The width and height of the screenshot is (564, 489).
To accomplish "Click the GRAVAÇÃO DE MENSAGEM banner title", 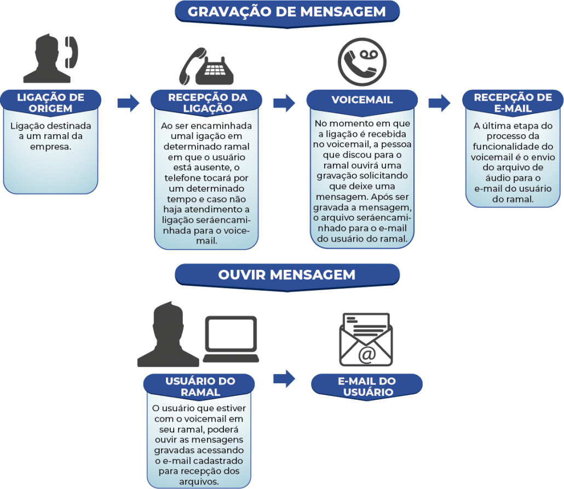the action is click(287, 11).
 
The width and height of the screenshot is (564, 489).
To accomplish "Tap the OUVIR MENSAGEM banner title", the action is click(287, 275).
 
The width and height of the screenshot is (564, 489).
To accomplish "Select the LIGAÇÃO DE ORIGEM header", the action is click(51, 102).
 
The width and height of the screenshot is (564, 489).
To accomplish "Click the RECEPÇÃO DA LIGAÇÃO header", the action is click(208, 102).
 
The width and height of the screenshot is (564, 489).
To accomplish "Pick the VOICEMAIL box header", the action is click(362, 100).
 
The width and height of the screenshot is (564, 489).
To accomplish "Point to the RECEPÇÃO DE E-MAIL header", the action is click(513, 102).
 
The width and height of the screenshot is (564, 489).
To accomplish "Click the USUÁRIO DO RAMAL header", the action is click(200, 387).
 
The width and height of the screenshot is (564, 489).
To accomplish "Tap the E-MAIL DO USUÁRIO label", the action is click(367, 387).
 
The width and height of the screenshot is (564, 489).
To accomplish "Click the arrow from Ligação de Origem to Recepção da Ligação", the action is click(129, 103).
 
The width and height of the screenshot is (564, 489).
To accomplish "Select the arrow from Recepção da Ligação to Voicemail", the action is click(284, 103).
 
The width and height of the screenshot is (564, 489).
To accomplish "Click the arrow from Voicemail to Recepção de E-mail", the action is click(440, 103).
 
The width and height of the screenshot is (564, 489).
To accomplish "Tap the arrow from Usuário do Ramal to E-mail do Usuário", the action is click(284, 378).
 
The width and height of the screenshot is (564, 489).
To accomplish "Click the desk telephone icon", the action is click(206, 67).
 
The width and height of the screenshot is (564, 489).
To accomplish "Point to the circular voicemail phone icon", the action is click(362, 62).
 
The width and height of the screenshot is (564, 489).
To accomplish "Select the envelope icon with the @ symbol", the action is click(366, 340).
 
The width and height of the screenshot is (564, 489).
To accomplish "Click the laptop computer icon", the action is click(231, 340).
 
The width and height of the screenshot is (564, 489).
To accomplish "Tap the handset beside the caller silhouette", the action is click(72, 52).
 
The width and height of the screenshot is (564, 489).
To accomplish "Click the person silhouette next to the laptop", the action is click(168, 334).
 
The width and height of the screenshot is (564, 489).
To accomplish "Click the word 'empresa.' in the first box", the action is click(51, 147).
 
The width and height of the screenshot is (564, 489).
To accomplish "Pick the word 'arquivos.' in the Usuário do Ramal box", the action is click(199, 482).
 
